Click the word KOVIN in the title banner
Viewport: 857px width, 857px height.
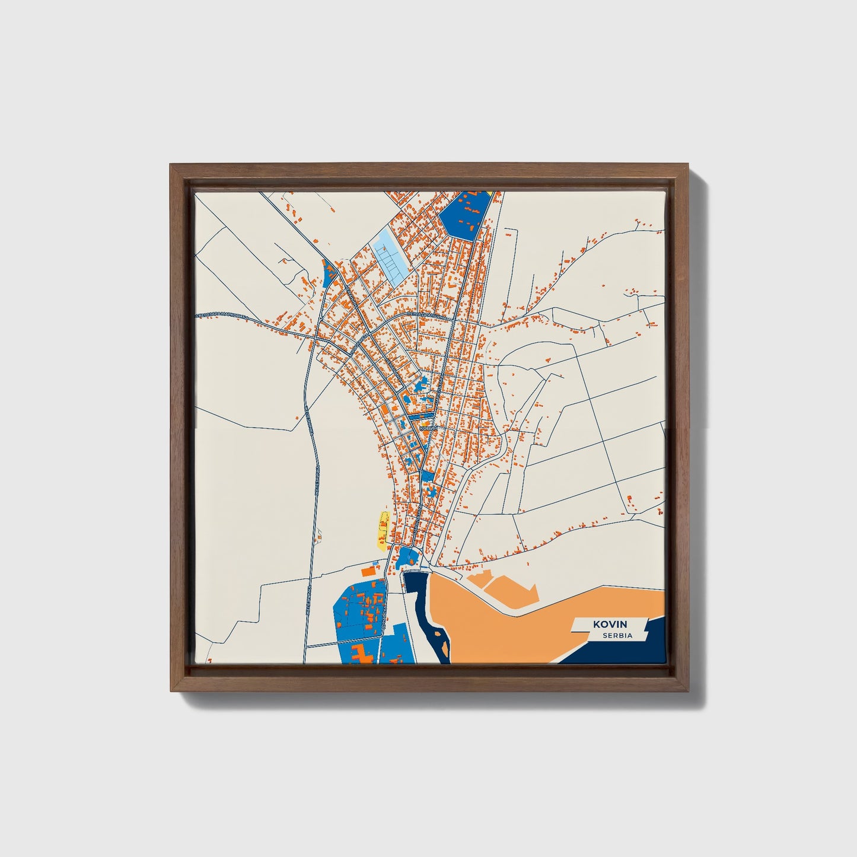(x=608, y=624)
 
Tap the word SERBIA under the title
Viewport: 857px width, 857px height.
(x=617, y=636)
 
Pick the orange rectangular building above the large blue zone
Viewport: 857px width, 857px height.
(x=368, y=571)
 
